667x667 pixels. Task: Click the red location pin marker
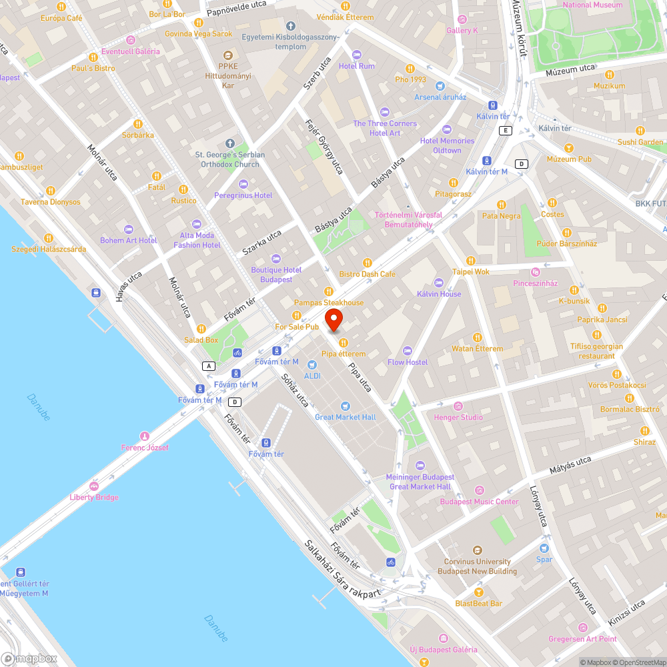click(x=333, y=319)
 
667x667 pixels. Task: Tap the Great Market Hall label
click(x=346, y=417)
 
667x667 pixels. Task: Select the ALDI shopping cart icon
click(x=311, y=364)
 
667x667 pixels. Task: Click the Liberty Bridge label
click(x=94, y=497)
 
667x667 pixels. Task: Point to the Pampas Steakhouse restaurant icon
click(x=328, y=291)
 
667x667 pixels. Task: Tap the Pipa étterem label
click(x=344, y=354)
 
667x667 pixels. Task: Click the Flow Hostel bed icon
click(x=408, y=351)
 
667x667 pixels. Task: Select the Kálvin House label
click(x=439, y=293)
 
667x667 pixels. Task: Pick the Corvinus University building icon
click(x=477, y=550)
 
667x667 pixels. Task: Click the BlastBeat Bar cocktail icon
click(x=478, y=592)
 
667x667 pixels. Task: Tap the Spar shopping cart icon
click(x=544, y=548)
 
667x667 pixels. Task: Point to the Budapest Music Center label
click(x=479, y=502)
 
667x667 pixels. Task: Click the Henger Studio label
click(x=458, y=418)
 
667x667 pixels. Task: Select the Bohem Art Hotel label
click(x=129, y=240)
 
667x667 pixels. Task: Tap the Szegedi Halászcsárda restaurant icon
click(x=49, y=237)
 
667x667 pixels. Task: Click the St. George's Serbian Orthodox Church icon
click(x=230, y=143)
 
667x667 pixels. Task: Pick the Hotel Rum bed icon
click(x=357, y=55)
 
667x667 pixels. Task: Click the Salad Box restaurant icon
click(x=201, y=328)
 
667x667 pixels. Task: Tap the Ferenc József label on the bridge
click(x=145, y=448)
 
